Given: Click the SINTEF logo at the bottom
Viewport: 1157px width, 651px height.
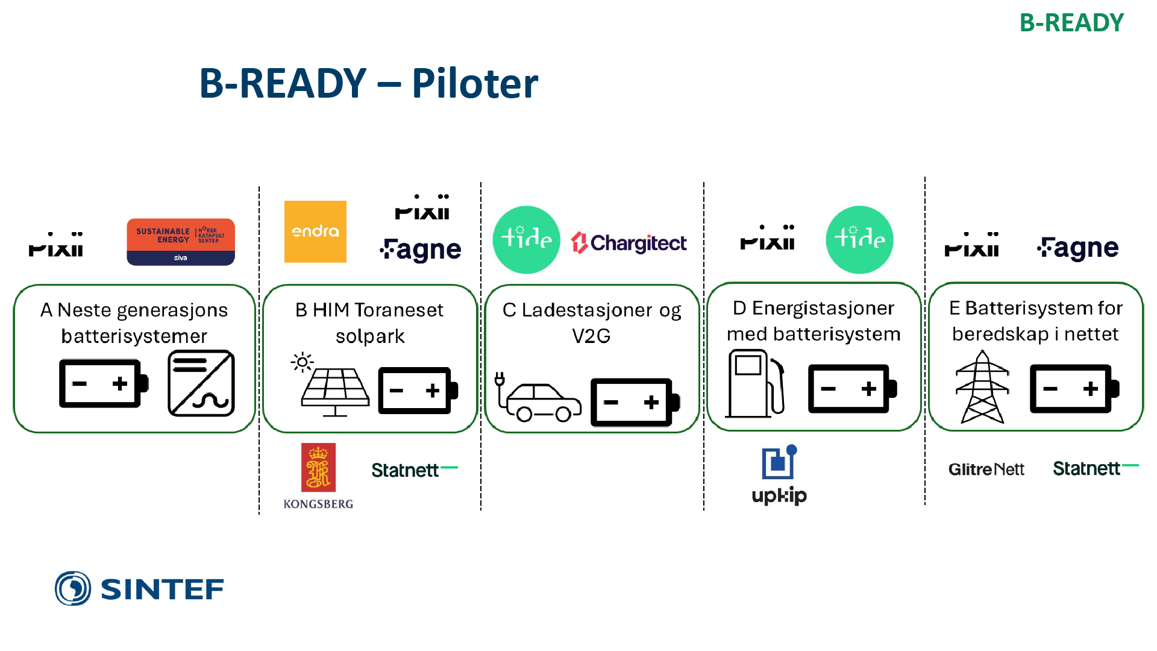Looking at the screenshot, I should tap(139, 588).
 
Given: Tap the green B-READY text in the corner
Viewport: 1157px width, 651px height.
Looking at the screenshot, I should tap(1071, 23).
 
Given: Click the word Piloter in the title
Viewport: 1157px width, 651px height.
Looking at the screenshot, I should tap(474, 83).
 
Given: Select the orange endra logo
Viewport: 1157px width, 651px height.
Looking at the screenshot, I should tap(315, 231).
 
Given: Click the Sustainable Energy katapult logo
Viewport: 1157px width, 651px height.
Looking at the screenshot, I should tap(180, 242).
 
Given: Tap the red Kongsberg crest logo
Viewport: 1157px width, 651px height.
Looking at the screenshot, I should tap(318, 468).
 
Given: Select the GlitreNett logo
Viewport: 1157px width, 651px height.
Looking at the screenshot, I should tap(986, 469).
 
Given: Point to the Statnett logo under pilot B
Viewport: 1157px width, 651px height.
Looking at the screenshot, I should tap(414, 470).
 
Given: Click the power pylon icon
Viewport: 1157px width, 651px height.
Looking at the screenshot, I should tap(982, 387).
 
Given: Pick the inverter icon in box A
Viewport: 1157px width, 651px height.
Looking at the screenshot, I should tap(201, 383).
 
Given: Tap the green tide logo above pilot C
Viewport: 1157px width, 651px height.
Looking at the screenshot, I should tap(526, 239).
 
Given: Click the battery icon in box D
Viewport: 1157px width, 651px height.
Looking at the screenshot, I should tap(851, 388).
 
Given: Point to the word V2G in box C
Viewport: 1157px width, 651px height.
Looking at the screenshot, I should tap(591, 336).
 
